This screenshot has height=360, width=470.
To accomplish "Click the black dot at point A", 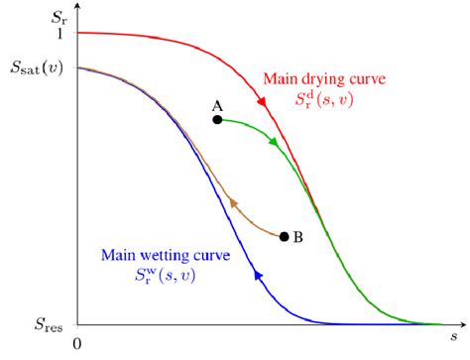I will tap(216, 120).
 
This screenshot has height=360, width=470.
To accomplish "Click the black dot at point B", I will tap(285, 236).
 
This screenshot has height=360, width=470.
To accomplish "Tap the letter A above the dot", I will tap(216, 104).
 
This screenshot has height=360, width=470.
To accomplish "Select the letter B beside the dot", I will tap(298, 237).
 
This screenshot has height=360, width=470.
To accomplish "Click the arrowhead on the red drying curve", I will tap(263, 102).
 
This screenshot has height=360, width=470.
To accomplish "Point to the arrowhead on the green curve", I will tap(273, 143).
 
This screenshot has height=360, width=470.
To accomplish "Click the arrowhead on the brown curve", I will tap(234, 202).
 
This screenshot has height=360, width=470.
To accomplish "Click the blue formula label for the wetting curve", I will tap(166, 275).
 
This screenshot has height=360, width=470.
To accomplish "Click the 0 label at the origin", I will tap(74, 342).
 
